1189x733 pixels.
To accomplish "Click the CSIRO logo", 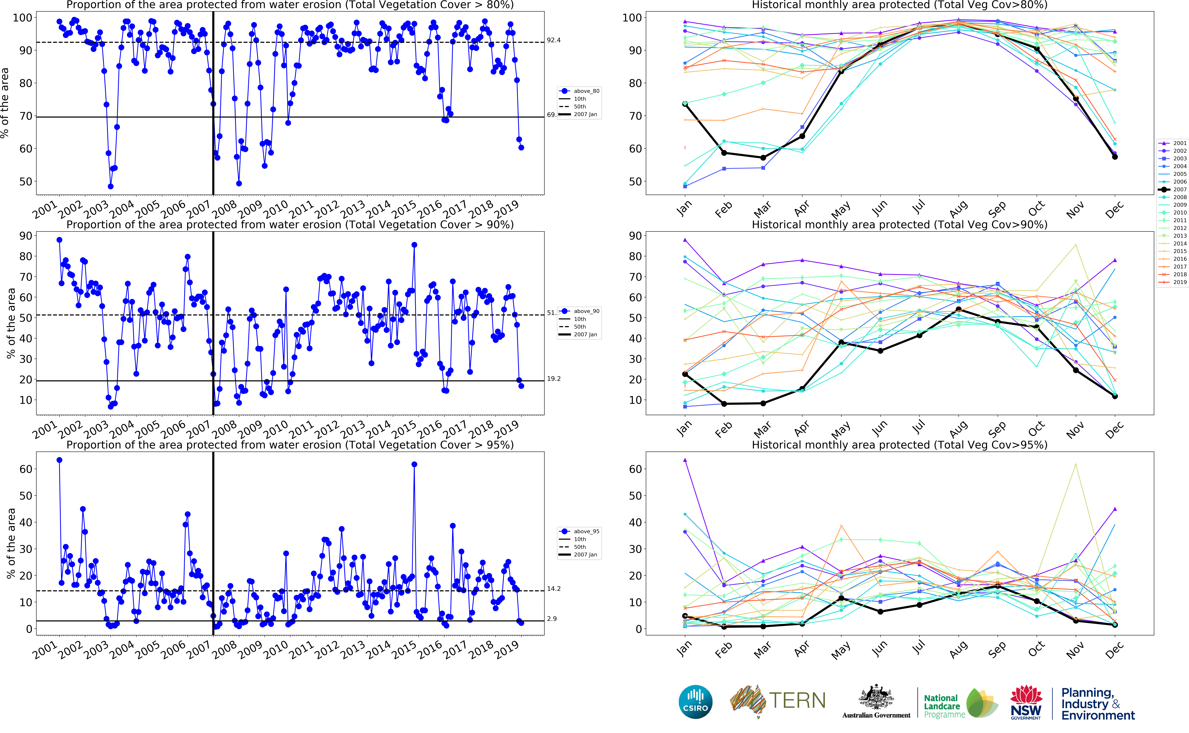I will (696, 702).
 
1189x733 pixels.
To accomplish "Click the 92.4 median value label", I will (554, 40).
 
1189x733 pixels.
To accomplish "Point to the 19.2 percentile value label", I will (554, 379).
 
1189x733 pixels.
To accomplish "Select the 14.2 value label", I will (554, 589).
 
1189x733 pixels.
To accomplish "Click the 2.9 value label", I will (552, 619).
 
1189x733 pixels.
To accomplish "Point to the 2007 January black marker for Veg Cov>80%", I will (685, 104).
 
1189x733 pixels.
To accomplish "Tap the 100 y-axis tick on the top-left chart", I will (22, 18).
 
